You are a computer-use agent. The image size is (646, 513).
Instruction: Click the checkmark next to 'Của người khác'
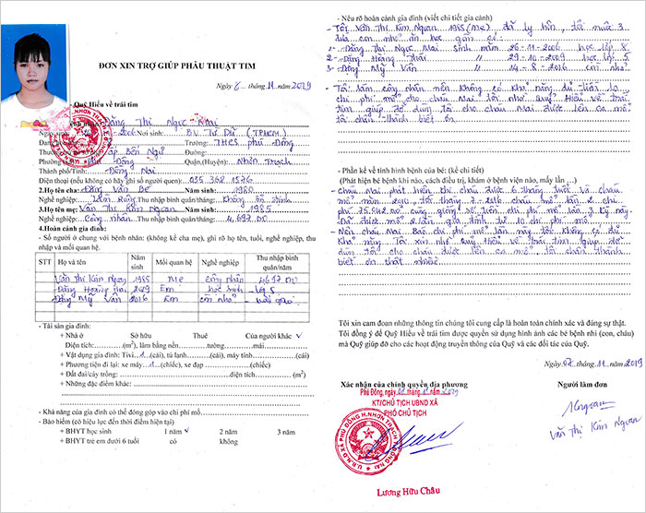click(x=272, y=337)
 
